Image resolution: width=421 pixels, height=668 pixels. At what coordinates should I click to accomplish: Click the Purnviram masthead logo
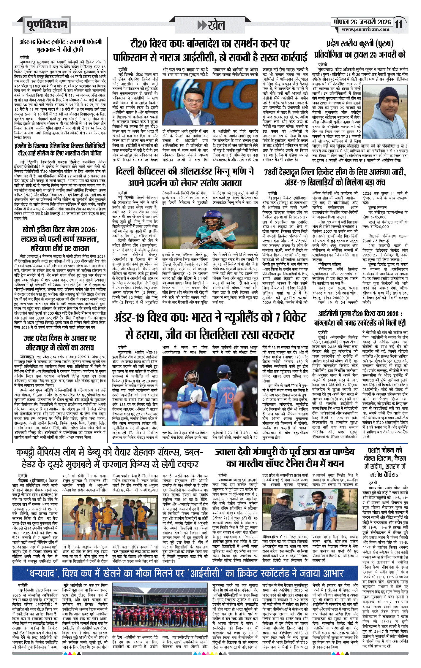click(x=47, y=25)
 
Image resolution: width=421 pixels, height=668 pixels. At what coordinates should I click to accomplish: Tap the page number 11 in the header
click(x=398, y=24)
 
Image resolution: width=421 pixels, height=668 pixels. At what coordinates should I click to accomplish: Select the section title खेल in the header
click(x=216, y=25)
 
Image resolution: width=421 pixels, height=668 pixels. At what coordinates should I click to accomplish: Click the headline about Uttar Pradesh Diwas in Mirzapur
click(x=60, y=342)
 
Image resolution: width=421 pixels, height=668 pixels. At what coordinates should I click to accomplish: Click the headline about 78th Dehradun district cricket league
click(x=335, y=177)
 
